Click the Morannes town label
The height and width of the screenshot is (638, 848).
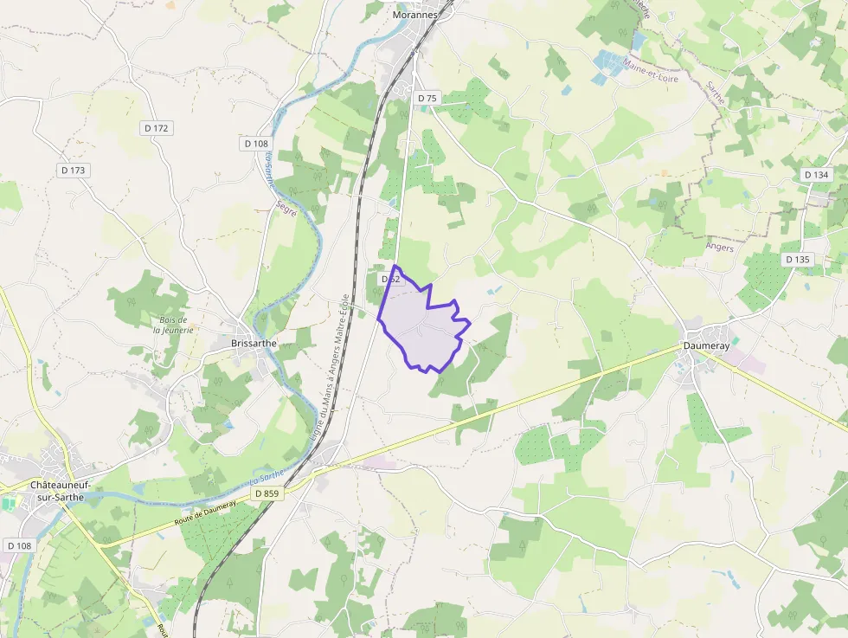(x=411, y=15)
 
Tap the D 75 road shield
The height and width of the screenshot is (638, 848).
(x=427, y=99)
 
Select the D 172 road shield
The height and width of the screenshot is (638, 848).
(x=157, y=128)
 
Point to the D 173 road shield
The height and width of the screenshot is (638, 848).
(x=74, y=171)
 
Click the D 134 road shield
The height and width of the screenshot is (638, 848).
(x=816, y=175)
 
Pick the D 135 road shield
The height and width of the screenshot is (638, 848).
(x=797, y=260)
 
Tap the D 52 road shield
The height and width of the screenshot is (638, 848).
(x=391, y=279)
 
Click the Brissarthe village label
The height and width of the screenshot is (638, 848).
(x=254, y=343)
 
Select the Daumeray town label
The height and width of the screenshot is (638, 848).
(x=707, y=345)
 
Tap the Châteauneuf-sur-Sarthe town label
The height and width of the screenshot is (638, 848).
(x=61, y=493)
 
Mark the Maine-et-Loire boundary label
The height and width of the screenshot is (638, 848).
(x=651, y=71)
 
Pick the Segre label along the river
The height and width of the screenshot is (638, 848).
(x=286, y=209)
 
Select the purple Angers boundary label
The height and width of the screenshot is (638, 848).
(x=719, y=248)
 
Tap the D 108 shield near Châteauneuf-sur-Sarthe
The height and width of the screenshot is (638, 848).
(x=19, y=545)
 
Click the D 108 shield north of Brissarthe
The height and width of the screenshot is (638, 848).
(x=257, y=144)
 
